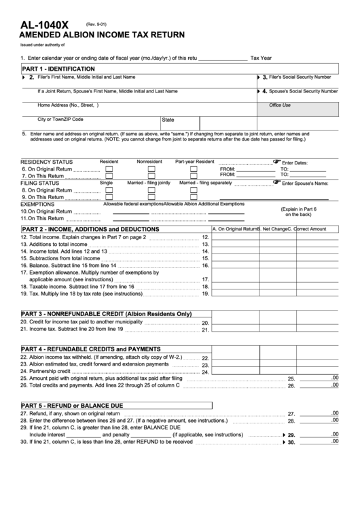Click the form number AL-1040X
coord(44,24)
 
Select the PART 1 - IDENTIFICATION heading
coord(58,69)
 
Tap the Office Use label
coord(279,105)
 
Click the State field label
coord(168,120)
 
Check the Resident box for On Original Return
coord(108,169)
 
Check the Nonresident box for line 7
coord(151,175)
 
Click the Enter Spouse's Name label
coord(304,183)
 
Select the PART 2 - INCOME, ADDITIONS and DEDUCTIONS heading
coord(90,229)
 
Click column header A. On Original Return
coord(234,229)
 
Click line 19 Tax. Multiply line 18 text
coord(82,294)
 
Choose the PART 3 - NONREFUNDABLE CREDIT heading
coord(107,314)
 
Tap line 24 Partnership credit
coord(46,371)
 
